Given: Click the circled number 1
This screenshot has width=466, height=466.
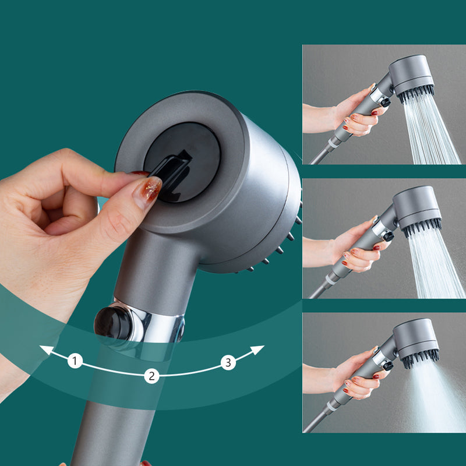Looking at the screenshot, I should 75,361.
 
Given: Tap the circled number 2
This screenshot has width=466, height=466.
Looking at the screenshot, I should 151,376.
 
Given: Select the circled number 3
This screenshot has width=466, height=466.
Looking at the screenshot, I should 228,362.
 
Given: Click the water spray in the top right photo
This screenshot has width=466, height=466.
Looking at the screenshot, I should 434,131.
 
